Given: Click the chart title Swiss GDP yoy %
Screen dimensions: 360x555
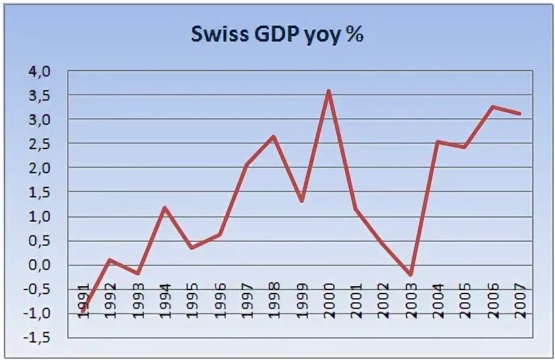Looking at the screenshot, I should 277,35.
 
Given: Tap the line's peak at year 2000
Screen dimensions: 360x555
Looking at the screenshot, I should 329,91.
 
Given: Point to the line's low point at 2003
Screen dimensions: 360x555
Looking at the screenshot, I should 410,275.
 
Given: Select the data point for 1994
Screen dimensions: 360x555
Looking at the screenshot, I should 164,208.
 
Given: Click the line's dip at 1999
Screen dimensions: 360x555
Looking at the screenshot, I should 301,201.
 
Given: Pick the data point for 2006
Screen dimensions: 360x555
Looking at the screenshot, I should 493,107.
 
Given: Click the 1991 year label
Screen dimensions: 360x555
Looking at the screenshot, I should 83,303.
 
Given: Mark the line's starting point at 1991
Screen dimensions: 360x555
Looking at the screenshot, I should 83,311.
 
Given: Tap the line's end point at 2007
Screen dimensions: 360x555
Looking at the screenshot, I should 520,114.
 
